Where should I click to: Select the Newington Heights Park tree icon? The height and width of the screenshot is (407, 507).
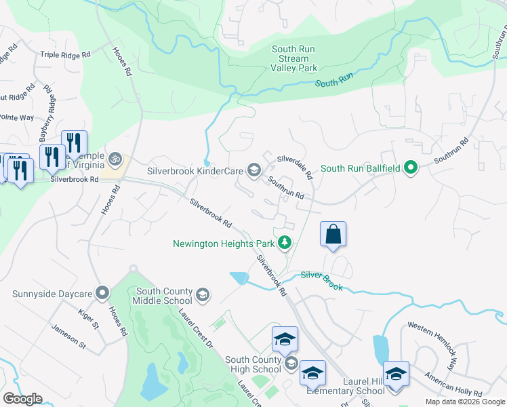(x=285, y=242)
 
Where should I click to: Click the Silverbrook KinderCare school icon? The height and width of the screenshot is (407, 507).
(x=254, y=170)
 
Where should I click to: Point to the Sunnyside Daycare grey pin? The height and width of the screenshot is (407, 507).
(x=102, y=294)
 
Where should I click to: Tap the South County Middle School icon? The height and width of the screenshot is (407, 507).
(x=202, y=295)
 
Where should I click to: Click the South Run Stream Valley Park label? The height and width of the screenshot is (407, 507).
(x=295, y=58)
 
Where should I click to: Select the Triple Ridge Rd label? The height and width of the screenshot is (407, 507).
(x=65, y=54)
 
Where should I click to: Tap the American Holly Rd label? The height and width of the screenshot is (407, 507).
(x=453, y=384)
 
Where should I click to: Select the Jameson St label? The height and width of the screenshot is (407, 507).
(x=68, y=337)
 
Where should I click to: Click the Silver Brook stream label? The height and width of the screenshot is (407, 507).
(x=322, y=280)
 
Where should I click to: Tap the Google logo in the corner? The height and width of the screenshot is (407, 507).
(x=22, y=399)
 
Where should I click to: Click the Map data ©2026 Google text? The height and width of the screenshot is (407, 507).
(x=464, y=402)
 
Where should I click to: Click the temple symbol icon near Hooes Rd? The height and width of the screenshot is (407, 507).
(x=116, y=159)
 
